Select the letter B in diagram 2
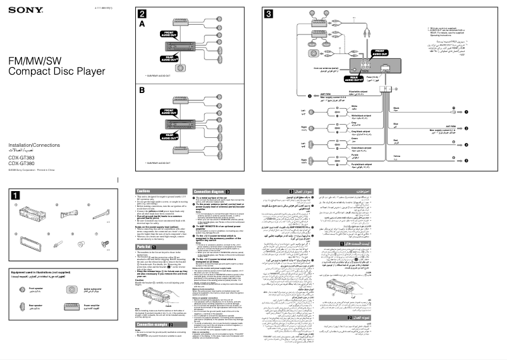pyautogui.click(x=142, y=90)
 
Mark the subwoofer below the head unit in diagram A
pyautogui.click(x=181, y=68)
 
